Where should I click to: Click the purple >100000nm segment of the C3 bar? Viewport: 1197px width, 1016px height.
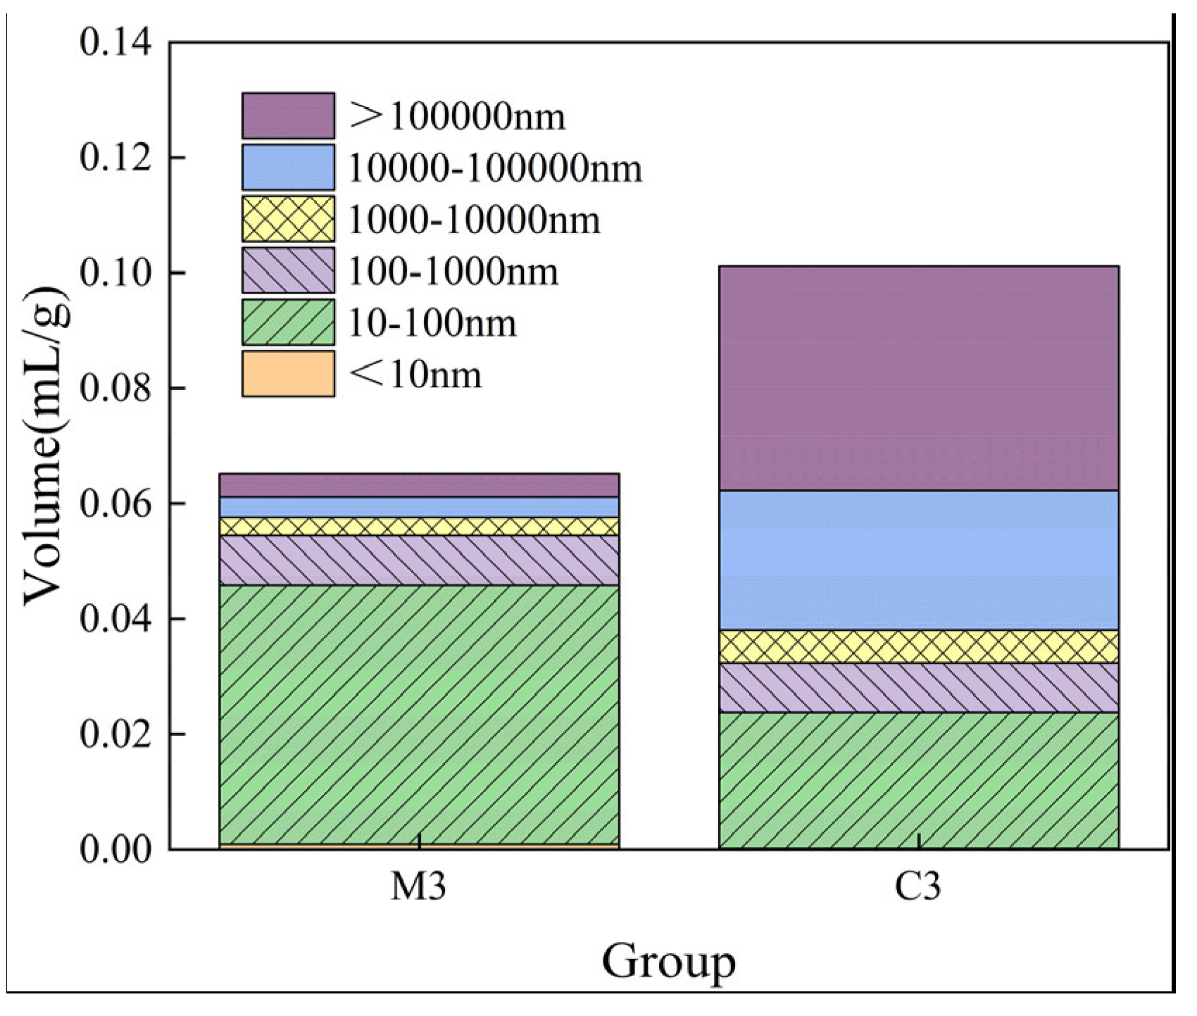918,377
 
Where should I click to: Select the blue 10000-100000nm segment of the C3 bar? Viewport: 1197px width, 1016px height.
918,560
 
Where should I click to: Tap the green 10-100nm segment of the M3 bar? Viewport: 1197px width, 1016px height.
419,714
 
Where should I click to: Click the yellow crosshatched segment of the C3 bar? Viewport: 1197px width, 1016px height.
918,646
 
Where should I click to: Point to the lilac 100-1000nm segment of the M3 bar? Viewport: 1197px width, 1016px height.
419,560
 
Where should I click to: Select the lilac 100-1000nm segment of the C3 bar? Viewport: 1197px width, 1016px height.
918,688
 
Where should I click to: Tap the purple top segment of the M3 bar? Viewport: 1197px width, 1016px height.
419,485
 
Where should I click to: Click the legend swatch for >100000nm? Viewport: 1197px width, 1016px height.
288,115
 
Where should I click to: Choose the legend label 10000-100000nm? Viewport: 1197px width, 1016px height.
495,169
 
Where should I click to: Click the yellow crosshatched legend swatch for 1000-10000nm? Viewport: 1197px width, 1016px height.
288,219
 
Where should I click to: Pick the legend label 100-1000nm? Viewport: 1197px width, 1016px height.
453,272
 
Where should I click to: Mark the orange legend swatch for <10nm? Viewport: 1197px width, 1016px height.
288,374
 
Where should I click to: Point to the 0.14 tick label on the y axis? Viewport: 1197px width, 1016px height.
115,44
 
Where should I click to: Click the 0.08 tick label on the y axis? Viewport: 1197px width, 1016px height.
115,389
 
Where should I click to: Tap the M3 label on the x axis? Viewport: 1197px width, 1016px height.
418,888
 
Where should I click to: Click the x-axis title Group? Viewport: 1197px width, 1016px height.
668,962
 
